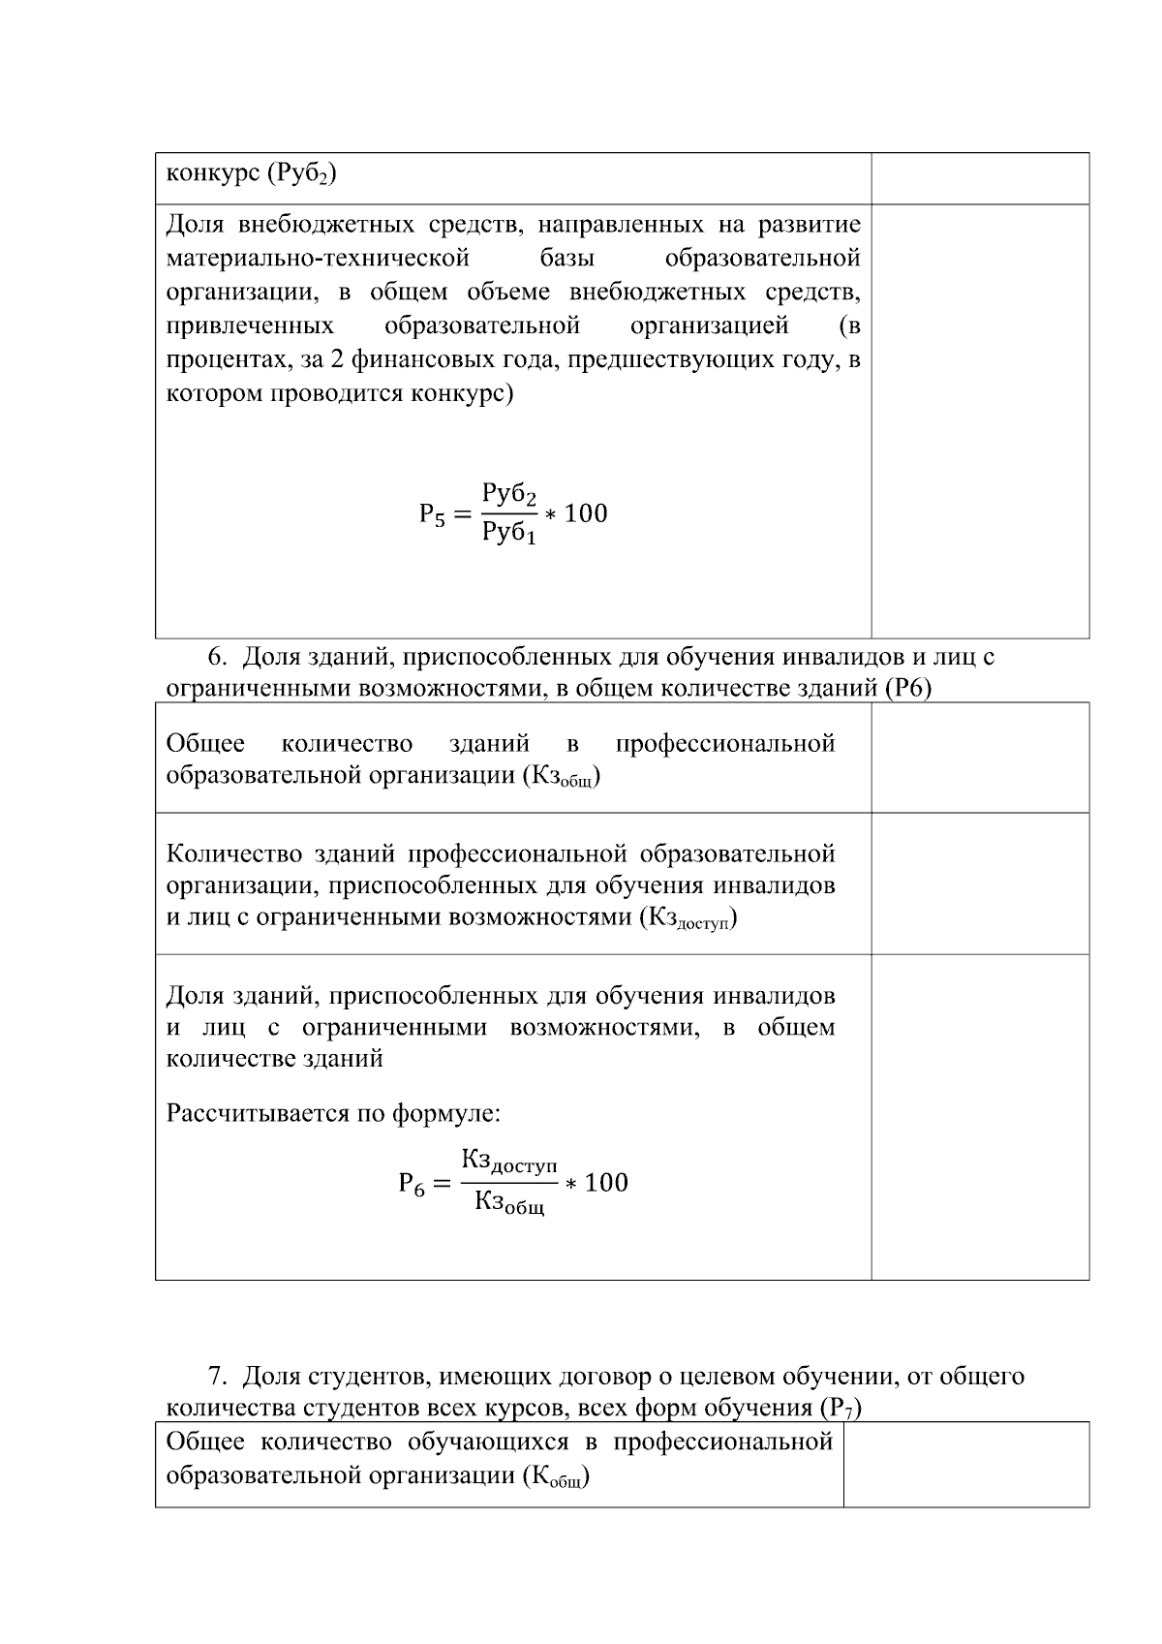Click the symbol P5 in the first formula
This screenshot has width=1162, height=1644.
432,515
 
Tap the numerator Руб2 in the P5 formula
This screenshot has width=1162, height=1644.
509,494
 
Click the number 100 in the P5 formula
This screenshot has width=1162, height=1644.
586,513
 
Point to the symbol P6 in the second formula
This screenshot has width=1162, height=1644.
412,1184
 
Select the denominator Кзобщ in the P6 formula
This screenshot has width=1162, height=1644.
509,1203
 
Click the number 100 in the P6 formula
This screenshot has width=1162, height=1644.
606,1183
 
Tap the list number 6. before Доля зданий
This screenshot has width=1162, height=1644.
218,658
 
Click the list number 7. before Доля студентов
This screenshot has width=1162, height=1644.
218,1377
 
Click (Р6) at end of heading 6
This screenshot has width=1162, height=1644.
907,689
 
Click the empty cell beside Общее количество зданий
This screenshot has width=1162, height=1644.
979,758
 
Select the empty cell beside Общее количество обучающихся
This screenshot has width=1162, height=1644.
965,1464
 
